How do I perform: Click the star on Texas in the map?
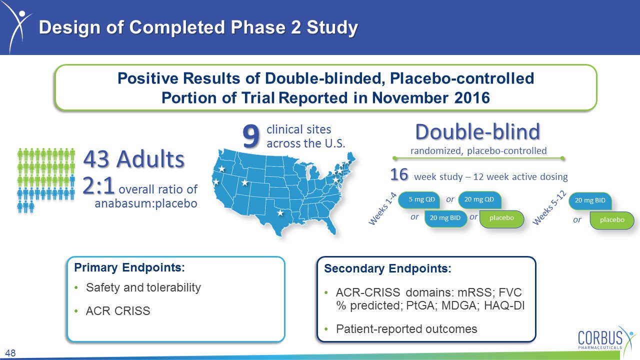pyautogui.click(x=280, y=212)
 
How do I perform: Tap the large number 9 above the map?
pyautogui.click(x=251, y=136)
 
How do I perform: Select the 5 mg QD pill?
pyautogui.click(x=419, y=199)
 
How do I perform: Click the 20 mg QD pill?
pyautogui.click(x=479, y=199)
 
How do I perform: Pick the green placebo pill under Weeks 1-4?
pyautogui.click(x=501, y=218)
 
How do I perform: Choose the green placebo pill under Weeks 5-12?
pyautogui.click(x=612, y=220)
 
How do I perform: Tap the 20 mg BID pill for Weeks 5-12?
pyautogui.click(x=590, y=200)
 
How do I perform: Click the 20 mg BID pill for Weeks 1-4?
pyautogui.click(x=445, y=218)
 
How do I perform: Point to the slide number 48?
pyautogui.click(x=10, y=353)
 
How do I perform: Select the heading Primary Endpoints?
pyautogui.click(x=129, y=267)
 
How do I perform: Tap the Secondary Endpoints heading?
pyautogui.click(x=387, y=268)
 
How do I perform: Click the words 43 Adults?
pyautogui.click(x=133, y=159)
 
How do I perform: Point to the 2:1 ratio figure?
pyautogui.click(x=98, y=185)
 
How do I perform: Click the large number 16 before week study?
pyautogui.click(x=399, y=174)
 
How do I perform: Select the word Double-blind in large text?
pyautogui.click(x=477, y=131)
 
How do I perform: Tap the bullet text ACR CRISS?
pyautogui.click(x=118, y=311)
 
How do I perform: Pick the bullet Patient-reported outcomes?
pyautogui.click(x=406, y=329)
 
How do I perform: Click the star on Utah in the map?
pyautogui.click(x=245, y=182)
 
